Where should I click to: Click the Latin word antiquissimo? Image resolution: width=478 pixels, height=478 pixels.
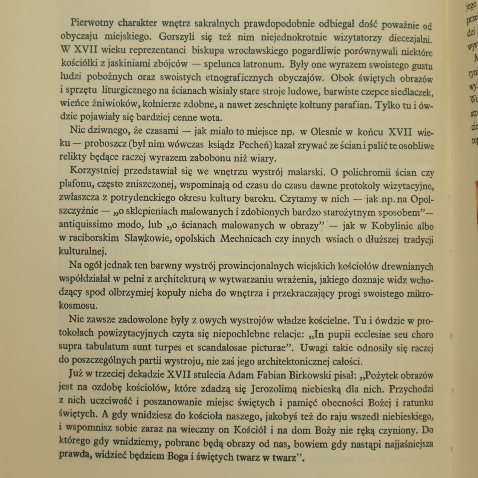coord(85,225)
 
